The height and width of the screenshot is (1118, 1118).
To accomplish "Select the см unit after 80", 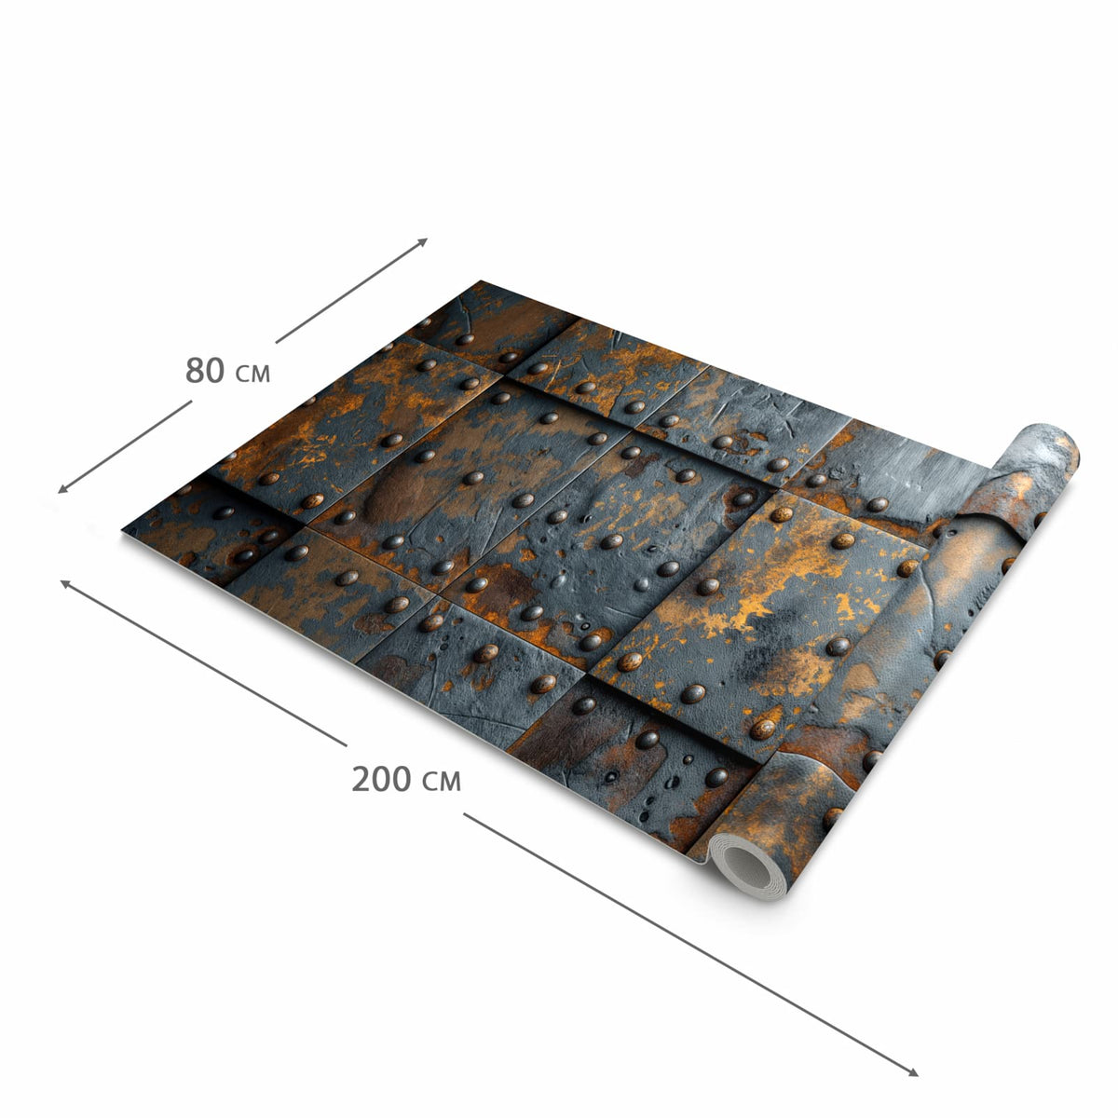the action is coord(253,375).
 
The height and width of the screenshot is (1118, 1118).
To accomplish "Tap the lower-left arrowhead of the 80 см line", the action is coord(61,490).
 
